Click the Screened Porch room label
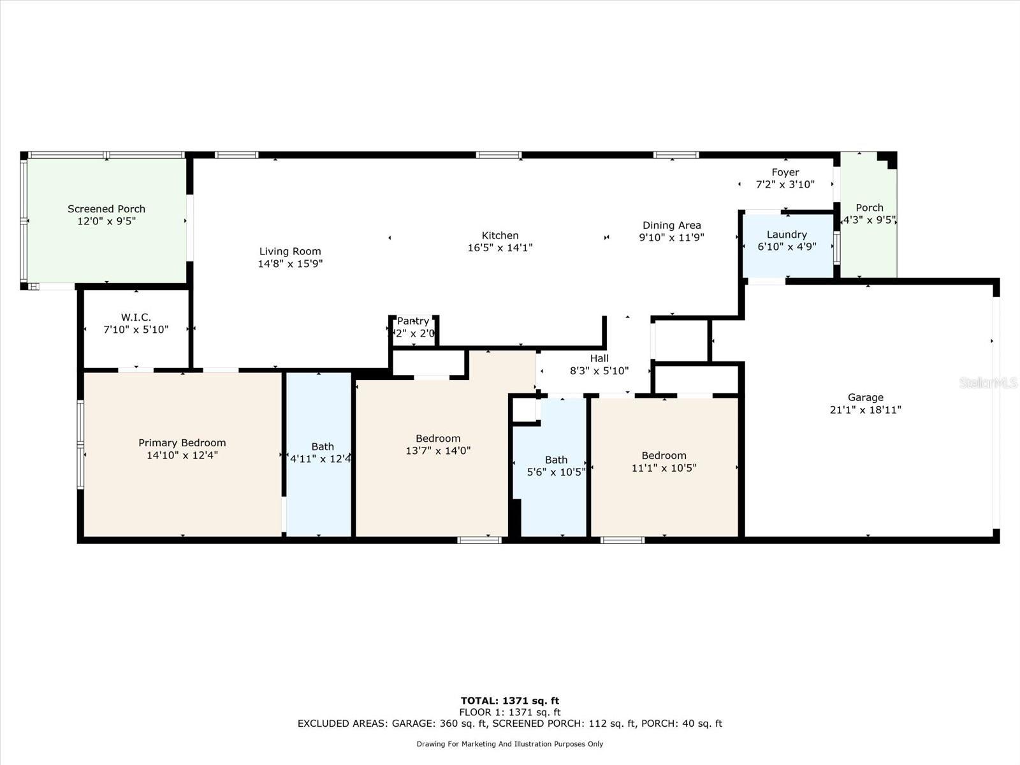(106, 209)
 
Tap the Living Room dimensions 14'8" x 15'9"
(290, 263)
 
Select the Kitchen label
(500, 236)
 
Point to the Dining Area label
(671, 225)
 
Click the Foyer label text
(785, 172)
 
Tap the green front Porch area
(868, 242)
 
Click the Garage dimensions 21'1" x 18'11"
(865, 410)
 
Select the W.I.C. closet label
(136, 317)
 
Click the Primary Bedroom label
(182, 443)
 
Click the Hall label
(599, 358)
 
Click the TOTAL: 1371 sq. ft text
(509, 701)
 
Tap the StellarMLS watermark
(988, 382)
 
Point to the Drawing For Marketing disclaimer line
(509, 744)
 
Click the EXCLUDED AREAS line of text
(509, 724)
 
